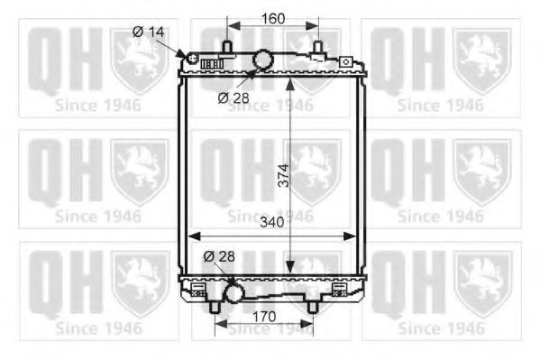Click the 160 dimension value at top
pyautogui.click(x=273, y=19)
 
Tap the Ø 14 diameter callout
pyautogui.click(x=149, y=32)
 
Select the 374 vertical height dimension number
pyautogui.click(x=284, y=176)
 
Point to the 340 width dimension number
pyautogui.click(x=272, y=223)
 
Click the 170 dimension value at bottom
pyautogui.click(x=264, y=317)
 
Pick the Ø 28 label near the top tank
pyautogui.click(x=233, y=98)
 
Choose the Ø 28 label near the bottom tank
pyautogui.click(x=219, y=256)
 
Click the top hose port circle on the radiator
pyautogui.click(x=263, y=60)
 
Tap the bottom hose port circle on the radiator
pyautogui.click(x=233, y=293)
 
